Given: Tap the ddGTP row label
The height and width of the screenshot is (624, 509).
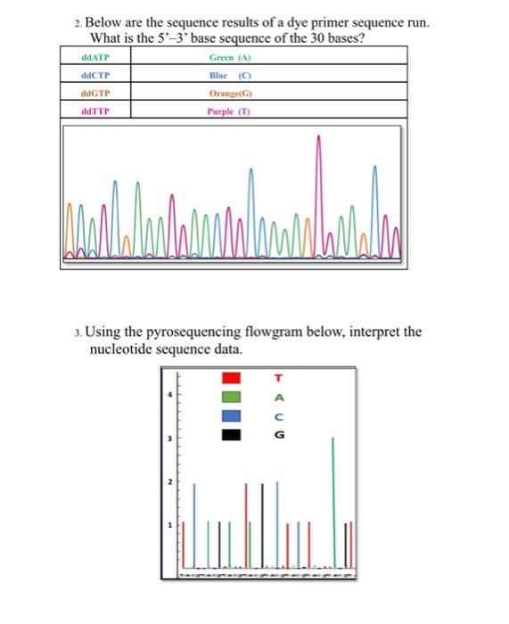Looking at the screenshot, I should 93,93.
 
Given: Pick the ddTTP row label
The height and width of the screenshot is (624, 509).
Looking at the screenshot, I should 93,111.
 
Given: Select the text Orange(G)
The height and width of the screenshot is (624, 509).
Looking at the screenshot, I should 229,93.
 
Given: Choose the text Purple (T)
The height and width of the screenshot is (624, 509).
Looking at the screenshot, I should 229,111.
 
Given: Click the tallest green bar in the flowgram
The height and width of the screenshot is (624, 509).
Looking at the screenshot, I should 333,499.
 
